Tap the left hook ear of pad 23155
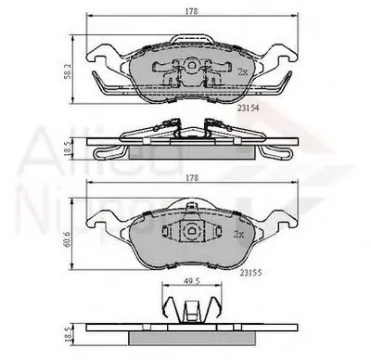pos(99,221)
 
